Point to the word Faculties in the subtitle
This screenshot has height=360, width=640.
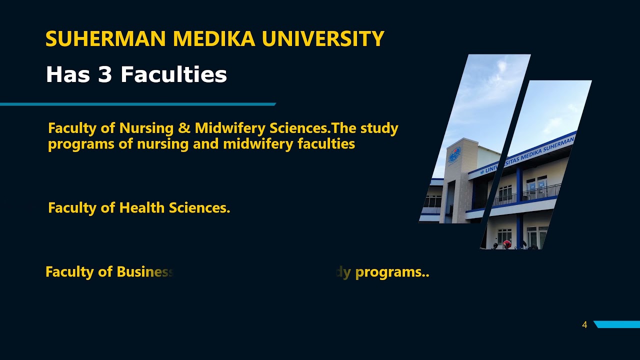point(173,75)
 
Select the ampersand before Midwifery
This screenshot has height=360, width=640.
point(184,128)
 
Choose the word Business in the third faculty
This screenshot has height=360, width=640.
point(144,272)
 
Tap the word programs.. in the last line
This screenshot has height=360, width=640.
point(392,272)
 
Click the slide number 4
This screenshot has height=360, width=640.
point(584,325)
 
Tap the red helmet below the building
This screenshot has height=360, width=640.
point(507,244)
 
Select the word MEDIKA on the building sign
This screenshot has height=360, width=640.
point(532,154)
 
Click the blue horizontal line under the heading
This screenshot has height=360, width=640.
point(137,104)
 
